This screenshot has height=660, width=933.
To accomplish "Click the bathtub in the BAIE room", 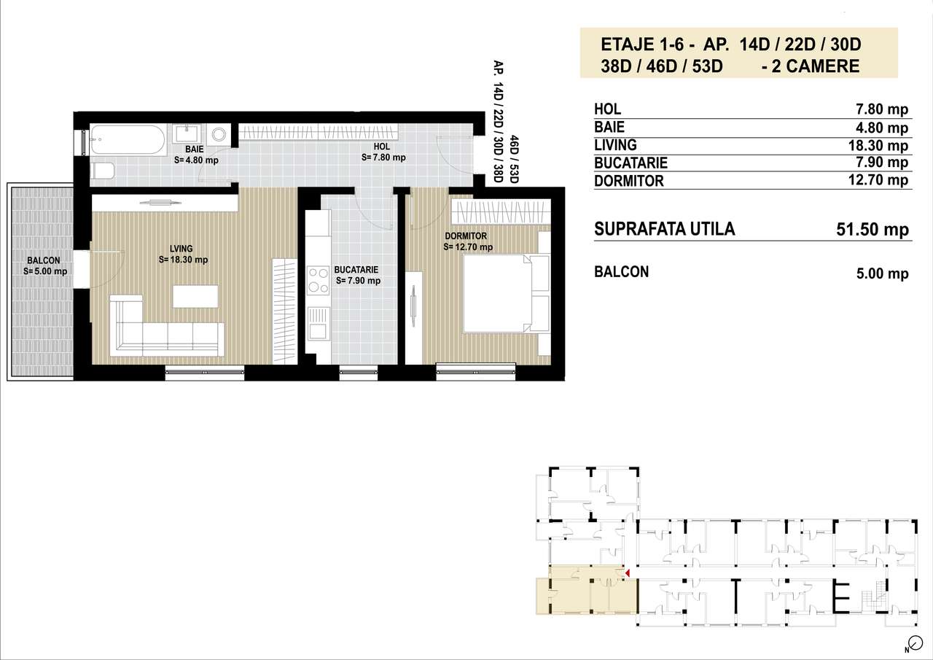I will (128, 139).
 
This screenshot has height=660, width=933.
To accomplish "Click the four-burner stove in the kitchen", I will (319, 280).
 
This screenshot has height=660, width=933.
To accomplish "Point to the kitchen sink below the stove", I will (319, 322).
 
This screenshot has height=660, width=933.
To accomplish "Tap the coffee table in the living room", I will (195, 296).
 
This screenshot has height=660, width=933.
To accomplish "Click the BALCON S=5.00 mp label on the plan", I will (45, 266).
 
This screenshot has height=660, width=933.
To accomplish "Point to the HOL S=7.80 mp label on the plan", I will (383, 152).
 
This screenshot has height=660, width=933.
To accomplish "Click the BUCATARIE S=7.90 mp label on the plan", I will (358, 274).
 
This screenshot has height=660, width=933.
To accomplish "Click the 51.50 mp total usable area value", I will (872, 230).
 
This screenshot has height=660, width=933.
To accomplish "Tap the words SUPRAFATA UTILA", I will (665, 229).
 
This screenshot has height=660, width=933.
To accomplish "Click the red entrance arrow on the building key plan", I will (627, 575).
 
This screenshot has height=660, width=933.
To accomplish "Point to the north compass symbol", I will (910, 645).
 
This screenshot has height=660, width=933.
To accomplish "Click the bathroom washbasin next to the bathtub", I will (189, 135).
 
